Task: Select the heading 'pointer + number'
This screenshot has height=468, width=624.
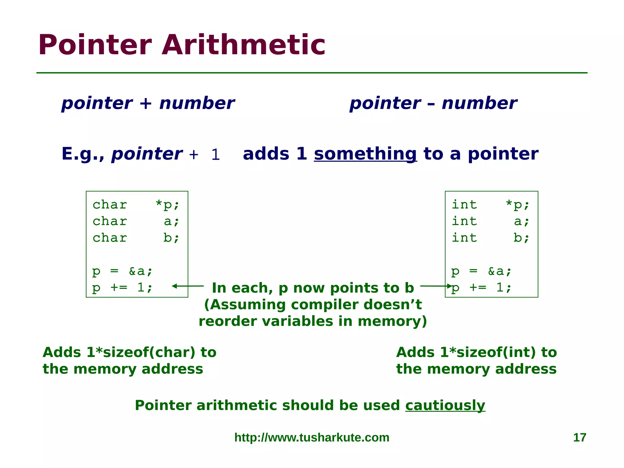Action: coord(148,103)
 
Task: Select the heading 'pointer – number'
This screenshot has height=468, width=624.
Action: coord(433,103)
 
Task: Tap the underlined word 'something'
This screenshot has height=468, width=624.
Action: coord(365,154)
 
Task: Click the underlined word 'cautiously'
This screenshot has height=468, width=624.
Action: coord(445,405)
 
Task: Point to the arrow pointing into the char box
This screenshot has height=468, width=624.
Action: coord(187,286)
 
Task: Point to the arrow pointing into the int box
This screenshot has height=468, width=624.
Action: coord(436,286)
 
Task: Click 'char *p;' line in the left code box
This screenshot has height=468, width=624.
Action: coord(136,205)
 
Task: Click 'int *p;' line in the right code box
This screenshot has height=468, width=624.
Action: coord(491,205)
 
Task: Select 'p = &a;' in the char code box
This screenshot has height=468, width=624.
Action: coord(122,271)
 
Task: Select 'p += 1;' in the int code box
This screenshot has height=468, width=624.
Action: coord(481,287)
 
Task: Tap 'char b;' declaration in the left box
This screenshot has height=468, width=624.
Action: coord(136,238)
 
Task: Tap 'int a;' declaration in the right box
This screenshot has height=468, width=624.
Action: coord(491,221)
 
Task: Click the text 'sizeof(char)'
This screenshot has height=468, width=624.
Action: coord(149,353)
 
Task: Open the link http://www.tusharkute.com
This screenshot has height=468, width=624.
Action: coord(312,438)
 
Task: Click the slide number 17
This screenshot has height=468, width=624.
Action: coord(580,438)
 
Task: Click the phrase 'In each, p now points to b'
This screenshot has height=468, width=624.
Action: coord(313,288)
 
